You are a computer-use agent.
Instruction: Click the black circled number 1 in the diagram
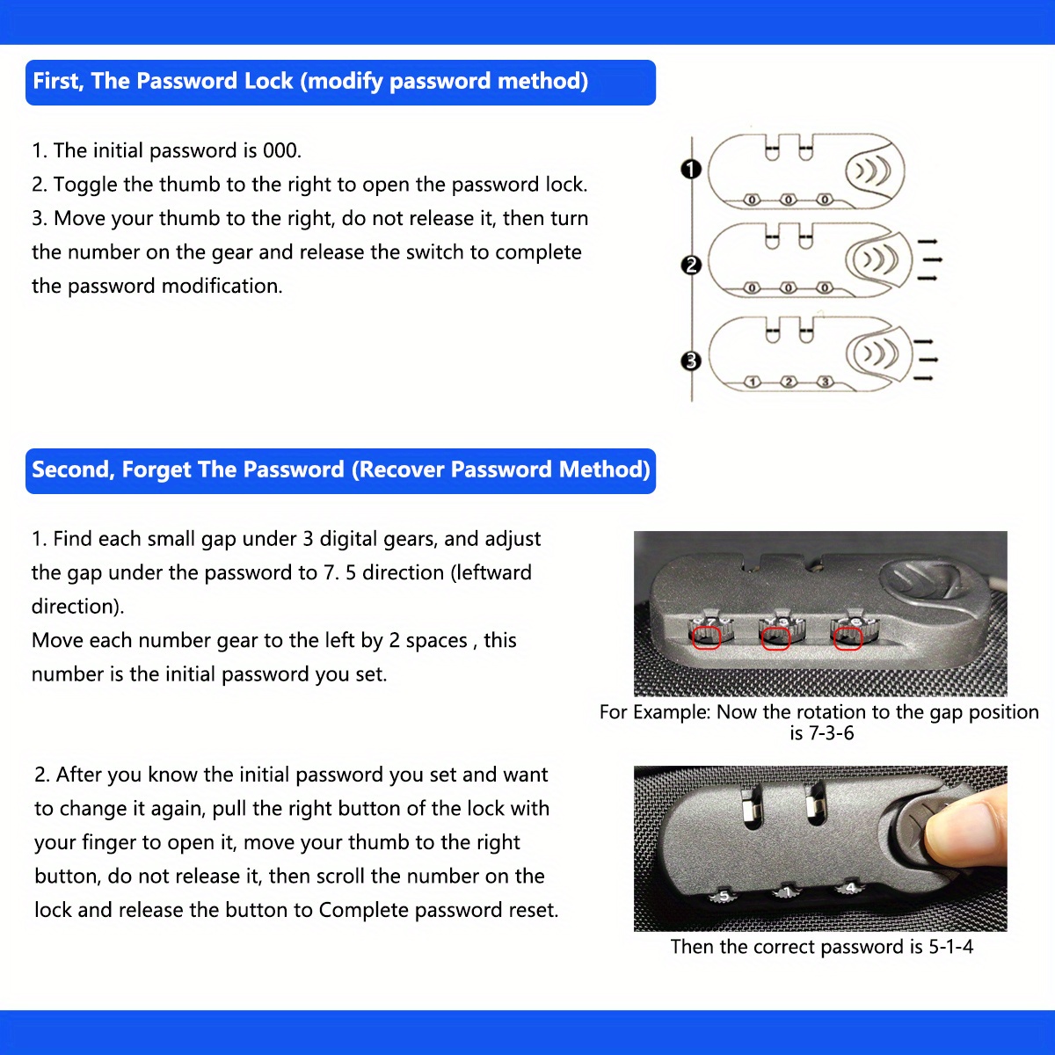pyautogui.click(x=691, y=169)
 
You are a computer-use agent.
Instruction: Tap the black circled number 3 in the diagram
pyautogui.click(x=691, y=360)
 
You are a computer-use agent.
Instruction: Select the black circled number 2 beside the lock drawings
pyautogui.click(x=691, y=265)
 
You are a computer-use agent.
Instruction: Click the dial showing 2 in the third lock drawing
pyautogui.click(x=789, y=382)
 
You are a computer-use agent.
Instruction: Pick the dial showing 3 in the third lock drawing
pyautogui.click(x=825, y=382)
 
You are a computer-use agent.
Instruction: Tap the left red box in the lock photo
pyautogui.click(x=706, y=637)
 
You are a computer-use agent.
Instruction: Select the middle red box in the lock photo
pyautogui.click(x=775, y=637)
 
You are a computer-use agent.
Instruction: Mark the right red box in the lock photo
pyautogui.click(x=847, y=637)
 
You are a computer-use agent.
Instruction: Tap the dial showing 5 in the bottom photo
pyautogui.click(x=724, y=896)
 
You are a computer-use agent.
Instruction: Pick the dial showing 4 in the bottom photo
pyautogui.click(x=850, y=888)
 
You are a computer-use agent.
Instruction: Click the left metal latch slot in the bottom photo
pyautogui.click(x=752, y=806)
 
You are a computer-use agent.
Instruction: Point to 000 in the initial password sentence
pyautogui.click(x=281, y=150)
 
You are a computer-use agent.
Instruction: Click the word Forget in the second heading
pyautogui.click(x=156, y=469)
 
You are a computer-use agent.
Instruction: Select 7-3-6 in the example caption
pyautogui.click(x=822, y=733)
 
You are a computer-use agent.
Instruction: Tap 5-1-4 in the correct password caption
pyautogui.click(x=950, y=947)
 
